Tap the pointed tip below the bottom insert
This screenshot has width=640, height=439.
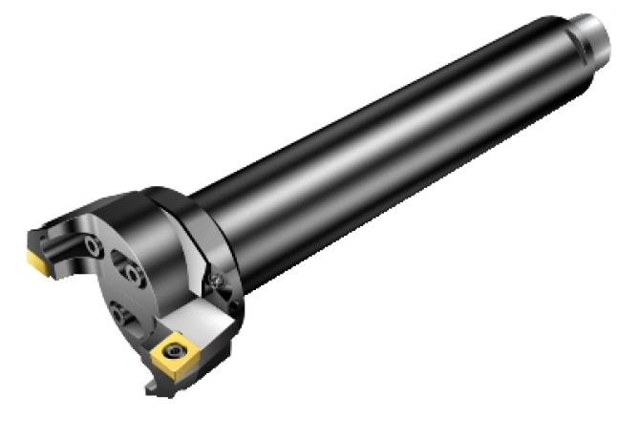[x=156, y=392]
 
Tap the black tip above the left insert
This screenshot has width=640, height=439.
[x=33, y=234]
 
